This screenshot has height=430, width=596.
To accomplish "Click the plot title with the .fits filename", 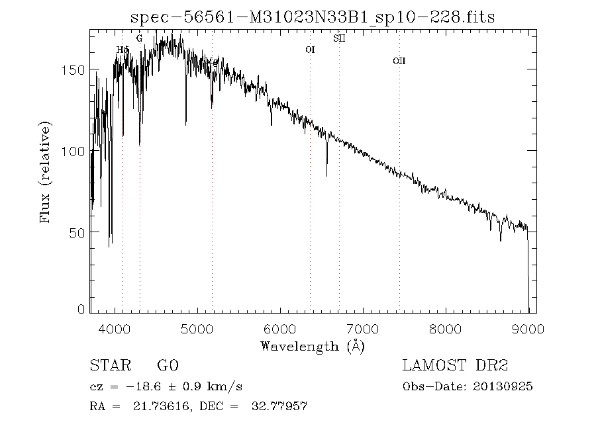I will click(x=313, y=17).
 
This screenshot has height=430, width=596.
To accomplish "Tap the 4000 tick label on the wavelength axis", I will click(x=115, y=328).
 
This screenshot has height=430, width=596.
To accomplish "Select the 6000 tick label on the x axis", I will click(x=280, y=328).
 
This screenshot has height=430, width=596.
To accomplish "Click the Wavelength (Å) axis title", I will click(x=313, y=345).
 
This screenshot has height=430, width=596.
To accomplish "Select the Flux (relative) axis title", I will click(x=46, y=172).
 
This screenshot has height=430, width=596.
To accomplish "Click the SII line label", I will click(x=339, y=38).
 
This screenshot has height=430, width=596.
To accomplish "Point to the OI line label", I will click(x=309, y=50).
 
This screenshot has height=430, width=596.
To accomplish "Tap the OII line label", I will click(x=399, y=61).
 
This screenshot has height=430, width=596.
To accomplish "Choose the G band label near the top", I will click(x=139, y=38).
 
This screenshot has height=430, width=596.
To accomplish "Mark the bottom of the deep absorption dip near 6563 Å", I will click(x=326, y=175).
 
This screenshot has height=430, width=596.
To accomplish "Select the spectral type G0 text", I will click(x=168, y=366).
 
